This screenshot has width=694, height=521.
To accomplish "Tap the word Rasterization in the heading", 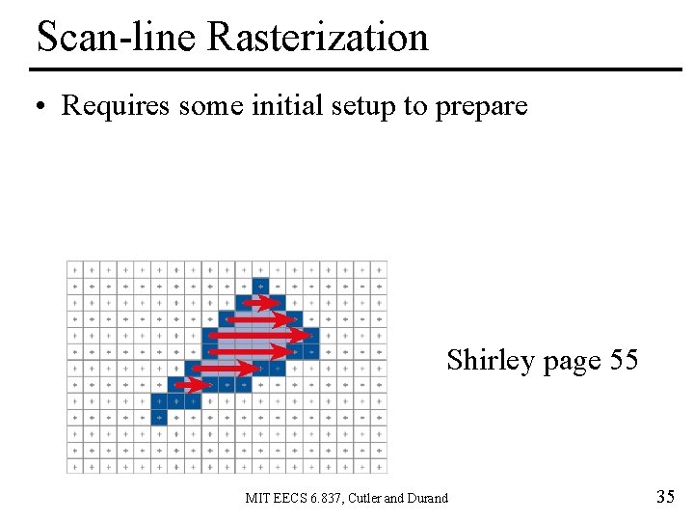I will pos(317,38).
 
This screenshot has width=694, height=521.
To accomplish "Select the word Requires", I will pos(116,105).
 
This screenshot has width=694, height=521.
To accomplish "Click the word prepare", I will pos(481,107).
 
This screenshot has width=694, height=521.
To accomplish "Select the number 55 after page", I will pos(623,361).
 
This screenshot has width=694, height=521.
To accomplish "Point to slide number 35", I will pos(665,498).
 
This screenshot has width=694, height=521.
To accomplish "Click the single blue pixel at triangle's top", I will pos(260,286).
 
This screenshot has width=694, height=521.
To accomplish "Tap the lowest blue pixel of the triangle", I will pos(159,417).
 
